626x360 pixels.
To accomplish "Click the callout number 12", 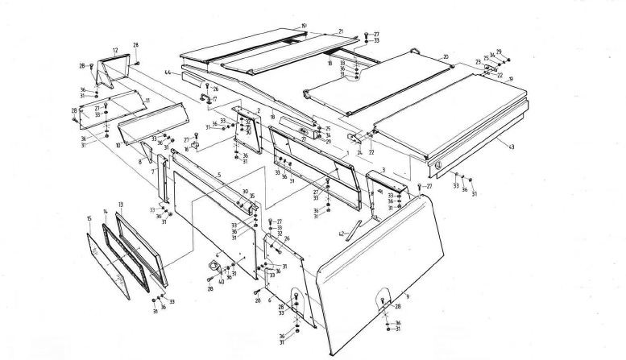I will [x=115, y=50].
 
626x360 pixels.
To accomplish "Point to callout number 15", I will [x=89, y=218].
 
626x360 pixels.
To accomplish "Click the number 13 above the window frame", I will [x=120, y=205].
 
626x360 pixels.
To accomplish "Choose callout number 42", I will [x=342, y=234].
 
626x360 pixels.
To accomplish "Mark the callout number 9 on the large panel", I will [x=408, y=297].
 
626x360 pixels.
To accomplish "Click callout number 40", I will [x=221, y=281].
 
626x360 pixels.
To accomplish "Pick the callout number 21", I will [x=341, y=31].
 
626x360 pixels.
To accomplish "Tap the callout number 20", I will [x=445, y=57].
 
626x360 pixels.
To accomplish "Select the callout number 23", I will [x=478, y=62].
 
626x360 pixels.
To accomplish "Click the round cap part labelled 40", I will [x=214, y=266].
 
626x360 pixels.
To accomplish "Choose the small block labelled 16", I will [x=194, y=146].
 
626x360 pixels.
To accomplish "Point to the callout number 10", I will [x=118, y=145].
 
